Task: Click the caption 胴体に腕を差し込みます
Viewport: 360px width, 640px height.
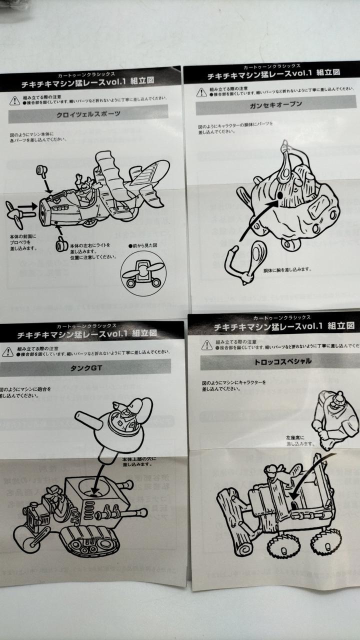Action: (x=287, y=269)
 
